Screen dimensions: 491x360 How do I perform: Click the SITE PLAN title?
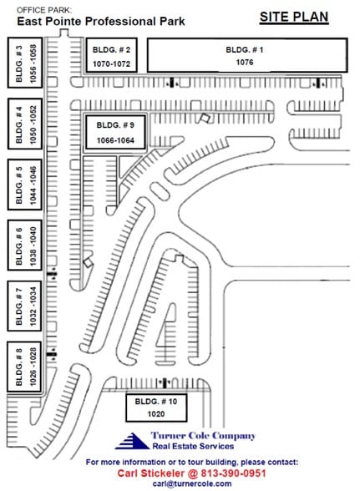coord(293,16)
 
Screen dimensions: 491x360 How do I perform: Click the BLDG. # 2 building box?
coord(111,56)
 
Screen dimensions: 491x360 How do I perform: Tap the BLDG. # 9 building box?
coord(121,132)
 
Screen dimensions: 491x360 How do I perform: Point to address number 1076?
coord(246,62)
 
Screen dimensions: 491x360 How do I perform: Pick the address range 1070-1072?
coord(111,63)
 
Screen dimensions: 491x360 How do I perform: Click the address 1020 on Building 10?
coord(154,413)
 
